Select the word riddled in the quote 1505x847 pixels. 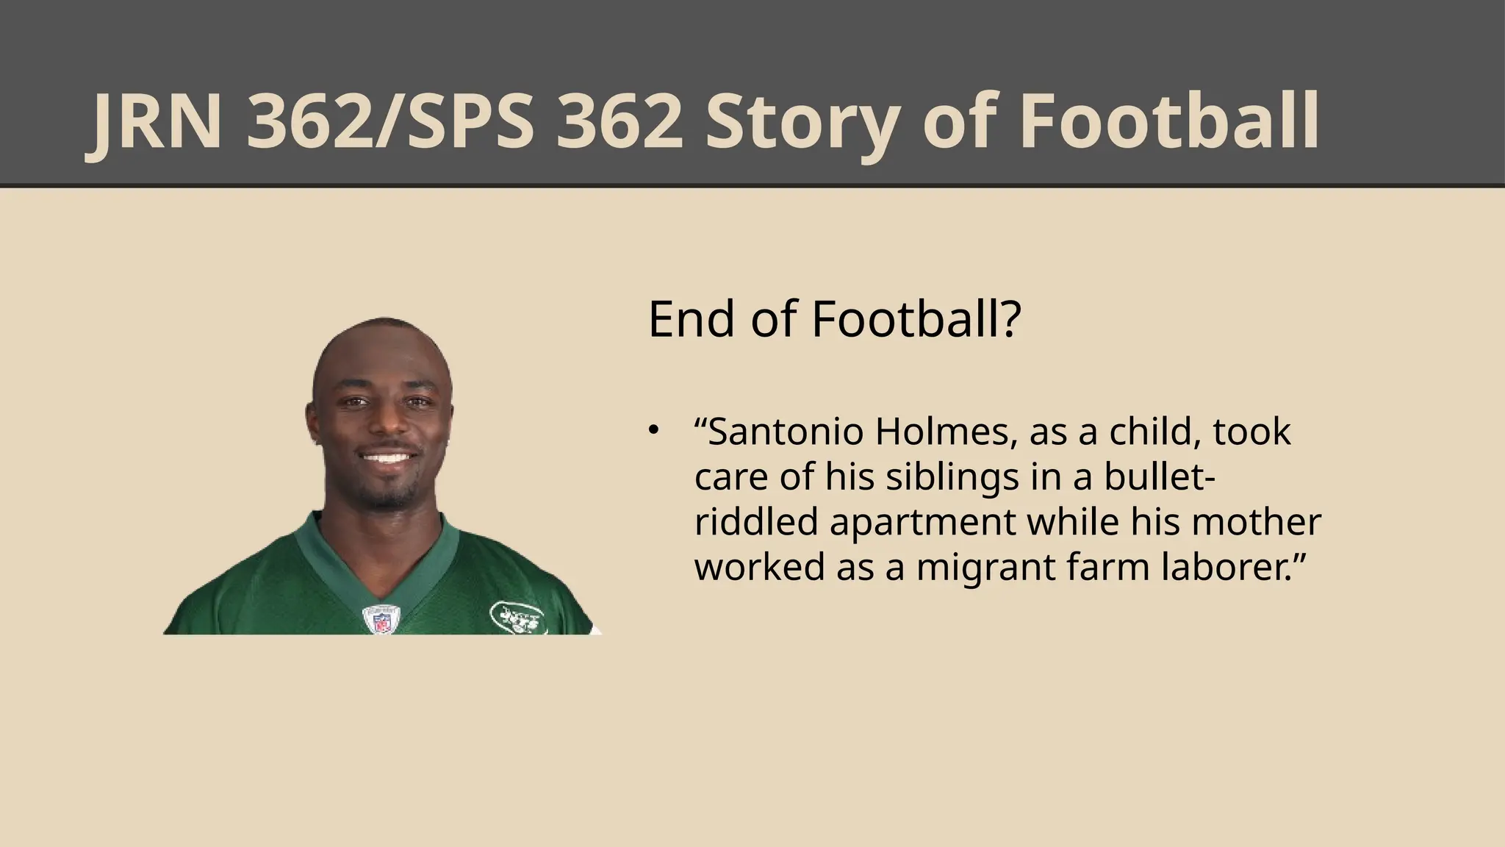coord(756,522)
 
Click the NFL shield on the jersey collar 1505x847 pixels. coord(381,619)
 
